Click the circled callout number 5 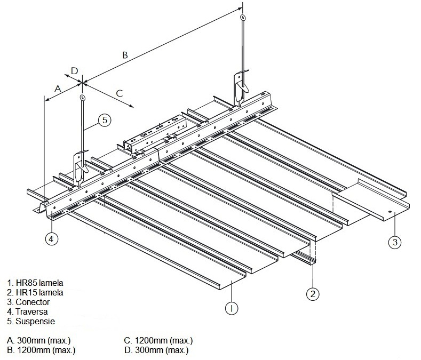[x=105, y=120]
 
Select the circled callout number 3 [x=394, y=243]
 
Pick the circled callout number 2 [x=313, y=292]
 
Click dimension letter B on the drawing [x=125, y=54]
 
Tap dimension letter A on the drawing [x=57, y=87]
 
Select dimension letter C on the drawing [x=120, y=93]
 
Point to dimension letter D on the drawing [x=74, y=70]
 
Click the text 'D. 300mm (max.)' [x=156, y=350]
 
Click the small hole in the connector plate [x=391, y=212]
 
